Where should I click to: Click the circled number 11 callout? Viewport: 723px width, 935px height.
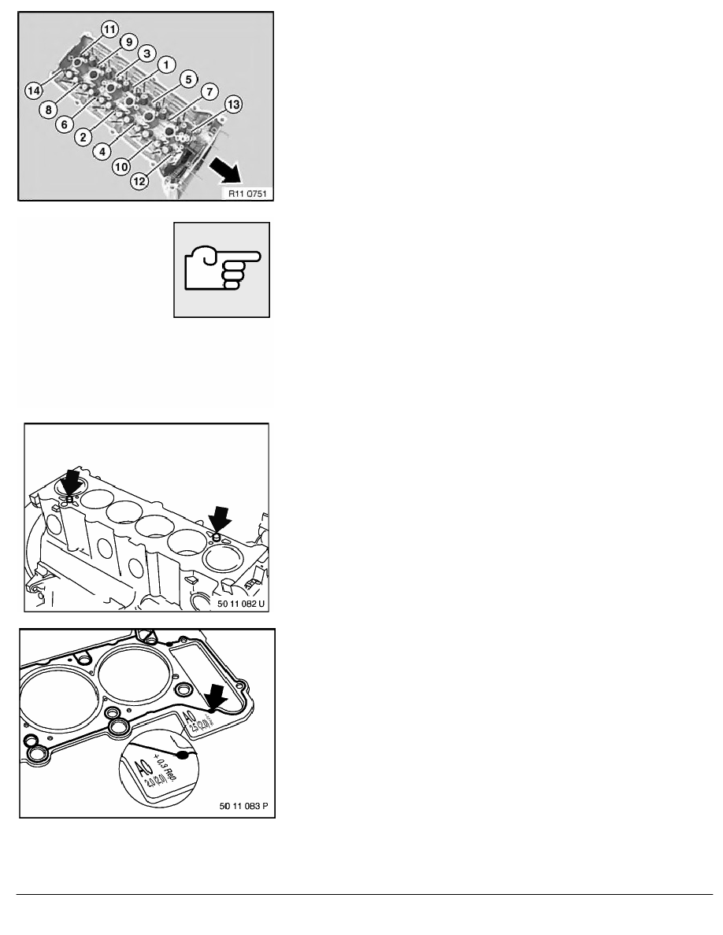point(109,29)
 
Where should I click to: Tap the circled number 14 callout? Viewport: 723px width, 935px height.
point(33,91)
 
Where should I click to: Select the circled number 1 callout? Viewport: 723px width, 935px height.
point(165,63)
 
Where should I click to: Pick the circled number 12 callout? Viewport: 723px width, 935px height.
point(139,181)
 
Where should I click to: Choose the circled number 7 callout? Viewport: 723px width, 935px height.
point(209,92)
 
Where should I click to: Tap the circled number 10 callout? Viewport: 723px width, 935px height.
point(120,166)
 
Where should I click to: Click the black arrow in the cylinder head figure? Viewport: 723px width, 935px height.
point(228,167)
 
